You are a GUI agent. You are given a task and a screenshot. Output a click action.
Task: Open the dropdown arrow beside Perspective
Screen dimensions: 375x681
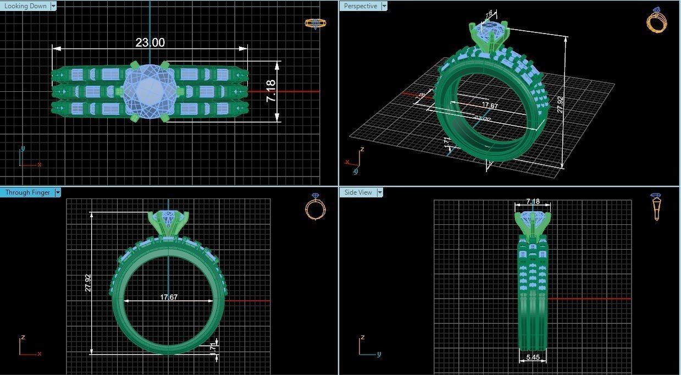(x=384, y=6)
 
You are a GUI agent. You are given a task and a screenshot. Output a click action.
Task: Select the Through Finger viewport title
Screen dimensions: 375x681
(x=27, y=192)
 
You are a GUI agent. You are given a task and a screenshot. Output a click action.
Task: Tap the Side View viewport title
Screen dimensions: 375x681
(x=358, y=192)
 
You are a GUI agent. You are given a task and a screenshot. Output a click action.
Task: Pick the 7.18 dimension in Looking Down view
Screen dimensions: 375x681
(x=271, y=91)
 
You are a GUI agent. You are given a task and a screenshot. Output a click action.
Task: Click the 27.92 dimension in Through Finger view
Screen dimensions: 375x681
(x=88, y=283)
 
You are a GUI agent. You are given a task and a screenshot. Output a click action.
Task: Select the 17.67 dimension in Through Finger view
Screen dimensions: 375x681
(x=169, y=297)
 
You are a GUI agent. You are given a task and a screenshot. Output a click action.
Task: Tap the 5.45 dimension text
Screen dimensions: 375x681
(x=533, y=357)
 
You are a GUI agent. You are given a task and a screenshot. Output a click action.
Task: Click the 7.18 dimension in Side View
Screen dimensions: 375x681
(x=533, y=202)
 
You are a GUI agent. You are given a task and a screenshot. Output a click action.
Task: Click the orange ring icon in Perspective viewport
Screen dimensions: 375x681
(x=656, y=21)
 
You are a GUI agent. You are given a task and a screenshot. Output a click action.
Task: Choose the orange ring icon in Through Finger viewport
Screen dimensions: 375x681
(x=315, y=207)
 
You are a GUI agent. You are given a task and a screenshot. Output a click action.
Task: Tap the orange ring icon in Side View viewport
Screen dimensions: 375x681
(x=656, y=206)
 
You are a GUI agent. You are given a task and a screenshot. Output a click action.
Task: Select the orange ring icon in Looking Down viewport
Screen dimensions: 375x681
(x=315, y=23)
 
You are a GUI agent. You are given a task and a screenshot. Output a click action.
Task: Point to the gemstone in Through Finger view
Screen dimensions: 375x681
(x=169, y=218)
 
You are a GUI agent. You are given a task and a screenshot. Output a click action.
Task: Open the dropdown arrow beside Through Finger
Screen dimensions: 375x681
(x=58, y=192)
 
